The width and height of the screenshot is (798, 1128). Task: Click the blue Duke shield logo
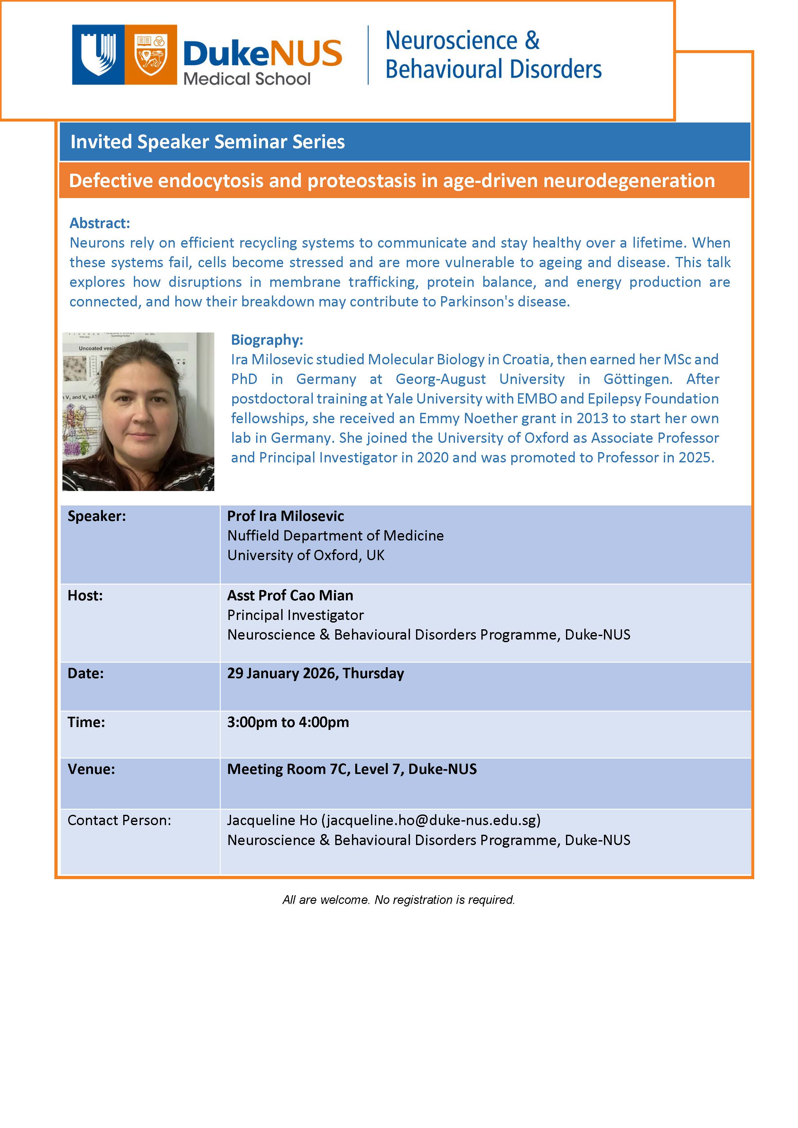[98, 55]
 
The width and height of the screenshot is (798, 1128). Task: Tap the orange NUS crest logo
[151, 55]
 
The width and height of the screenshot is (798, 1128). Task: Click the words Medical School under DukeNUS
[247, 78]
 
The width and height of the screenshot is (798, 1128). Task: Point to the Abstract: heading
[100, 223]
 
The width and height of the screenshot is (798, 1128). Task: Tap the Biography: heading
[267, 340]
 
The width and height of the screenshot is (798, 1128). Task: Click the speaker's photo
[138, 411]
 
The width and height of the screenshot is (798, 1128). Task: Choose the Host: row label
[85, 596]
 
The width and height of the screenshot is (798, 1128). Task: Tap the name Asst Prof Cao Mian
[290, 596]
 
